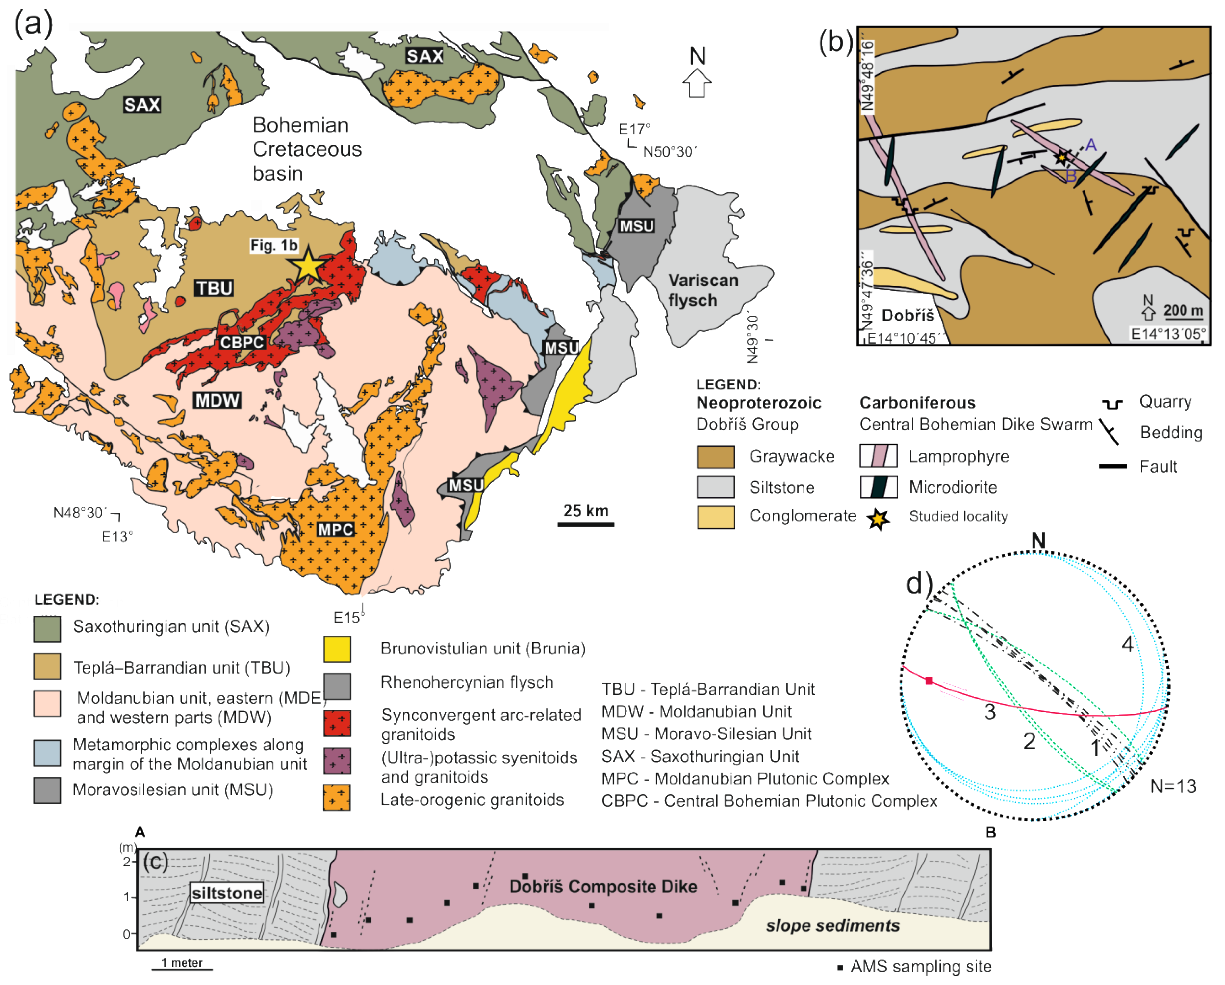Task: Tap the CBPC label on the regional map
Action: point(242,343)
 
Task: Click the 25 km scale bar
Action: point(585,523)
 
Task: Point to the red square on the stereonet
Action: point(929,680)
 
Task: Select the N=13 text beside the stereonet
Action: point(1173,786)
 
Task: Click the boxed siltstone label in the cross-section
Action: point(227,893)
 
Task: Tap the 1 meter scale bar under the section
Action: point(182,968)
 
